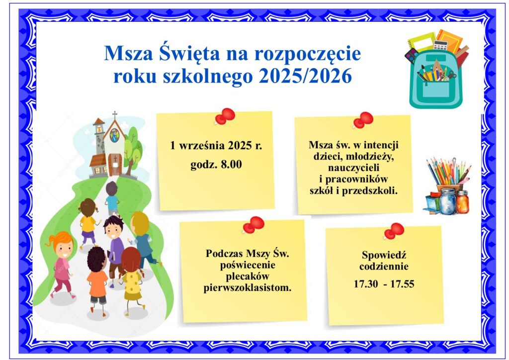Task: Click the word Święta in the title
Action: coord(189,54)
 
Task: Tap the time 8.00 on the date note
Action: coord(231,164)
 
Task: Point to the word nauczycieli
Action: coord(353,168)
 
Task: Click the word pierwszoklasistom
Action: coord(248,287)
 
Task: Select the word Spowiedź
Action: coord(384,255)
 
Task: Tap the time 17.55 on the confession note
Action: coord(402,284)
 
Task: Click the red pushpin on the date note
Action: coord(225,116)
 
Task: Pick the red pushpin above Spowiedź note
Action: coord(394,231)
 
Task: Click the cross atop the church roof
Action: coord(115,115)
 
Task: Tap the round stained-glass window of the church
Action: coord(114,135)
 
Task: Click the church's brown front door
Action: coord(115,165)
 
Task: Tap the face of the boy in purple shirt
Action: coord(113,230)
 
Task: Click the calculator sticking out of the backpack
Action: coord(440,45)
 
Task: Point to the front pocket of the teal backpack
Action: coord(436,91)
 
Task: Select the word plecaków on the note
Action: coord(248,276)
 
